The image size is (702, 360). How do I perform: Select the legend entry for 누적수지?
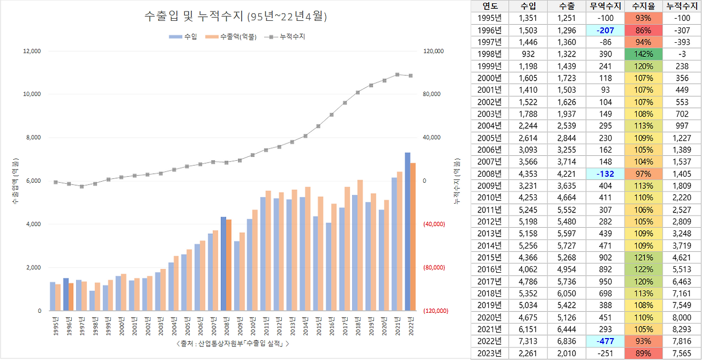pos(288,37)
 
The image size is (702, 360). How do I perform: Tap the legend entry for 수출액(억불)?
pos(234,37)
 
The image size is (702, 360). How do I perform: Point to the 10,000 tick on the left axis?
pos(32,94)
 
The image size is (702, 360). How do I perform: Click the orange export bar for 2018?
pos(360,245)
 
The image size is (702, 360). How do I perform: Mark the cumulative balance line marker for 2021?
pos(397,75)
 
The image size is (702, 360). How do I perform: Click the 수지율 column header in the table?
pos(642,6)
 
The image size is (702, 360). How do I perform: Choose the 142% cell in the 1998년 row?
pos(642,54)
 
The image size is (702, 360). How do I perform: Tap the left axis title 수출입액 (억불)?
pos(15,181)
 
